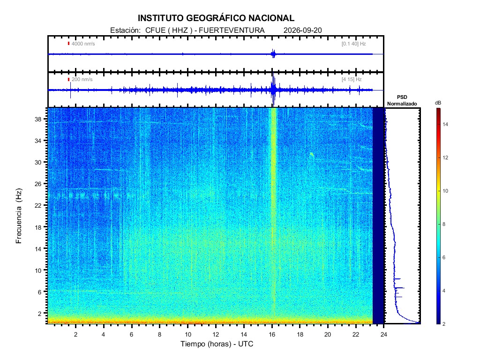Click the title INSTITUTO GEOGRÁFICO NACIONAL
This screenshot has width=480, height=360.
216,18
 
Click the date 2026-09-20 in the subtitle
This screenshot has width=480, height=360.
302,30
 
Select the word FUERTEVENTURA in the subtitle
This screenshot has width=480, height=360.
232,30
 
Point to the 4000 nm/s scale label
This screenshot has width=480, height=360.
83,44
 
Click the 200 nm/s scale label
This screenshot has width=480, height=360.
82,79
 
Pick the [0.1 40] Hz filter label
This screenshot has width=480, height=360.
353,44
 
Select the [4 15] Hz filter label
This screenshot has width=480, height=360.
352,79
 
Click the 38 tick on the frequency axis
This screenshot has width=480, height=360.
38,120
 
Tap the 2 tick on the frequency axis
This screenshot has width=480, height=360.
40,314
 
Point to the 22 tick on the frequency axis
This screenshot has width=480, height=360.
38,205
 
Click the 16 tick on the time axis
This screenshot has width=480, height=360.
272,334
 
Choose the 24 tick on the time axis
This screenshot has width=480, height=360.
384,334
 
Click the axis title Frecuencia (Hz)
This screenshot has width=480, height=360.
19,216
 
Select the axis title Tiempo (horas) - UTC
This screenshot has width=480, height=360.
217,344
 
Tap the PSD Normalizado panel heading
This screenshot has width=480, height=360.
402,100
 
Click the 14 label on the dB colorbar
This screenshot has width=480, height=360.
445,124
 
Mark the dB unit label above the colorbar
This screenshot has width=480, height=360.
438,103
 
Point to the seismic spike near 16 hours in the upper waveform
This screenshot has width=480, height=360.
273,54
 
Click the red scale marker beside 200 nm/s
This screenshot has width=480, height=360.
68,80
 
